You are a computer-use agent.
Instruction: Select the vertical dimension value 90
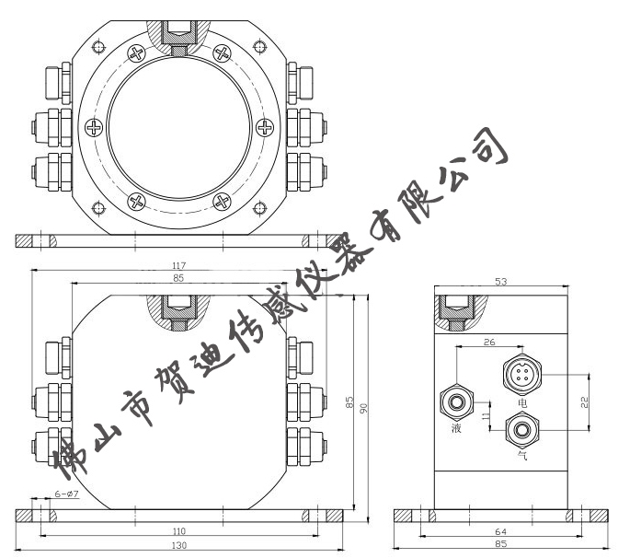click(x=364, y=408)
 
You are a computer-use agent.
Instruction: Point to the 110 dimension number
click(x=179, y=531)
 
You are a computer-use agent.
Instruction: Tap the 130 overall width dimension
click(x=179, y=546)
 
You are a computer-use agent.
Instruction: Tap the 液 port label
click(x=456, y=429)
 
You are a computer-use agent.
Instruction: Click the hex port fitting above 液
click(x=457, y=401)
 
